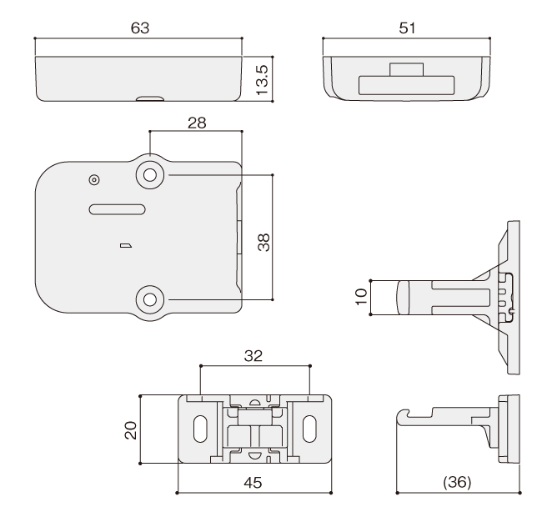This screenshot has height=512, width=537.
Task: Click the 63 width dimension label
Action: coord(140,28)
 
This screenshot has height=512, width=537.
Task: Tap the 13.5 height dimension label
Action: coord(263,80)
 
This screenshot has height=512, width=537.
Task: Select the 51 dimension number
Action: coord(407,28)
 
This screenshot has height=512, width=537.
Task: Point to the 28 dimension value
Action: coord(197,123)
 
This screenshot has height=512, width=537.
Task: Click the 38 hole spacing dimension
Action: coord(263,243)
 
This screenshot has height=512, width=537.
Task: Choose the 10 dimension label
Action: coord(361,297)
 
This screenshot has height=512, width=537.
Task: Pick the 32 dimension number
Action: coord(253,356)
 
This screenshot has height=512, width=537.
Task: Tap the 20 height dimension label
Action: coord(130,430)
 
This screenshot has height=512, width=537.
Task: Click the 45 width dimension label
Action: coord(253,483)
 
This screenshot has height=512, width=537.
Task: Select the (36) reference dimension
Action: coord(457,482)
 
